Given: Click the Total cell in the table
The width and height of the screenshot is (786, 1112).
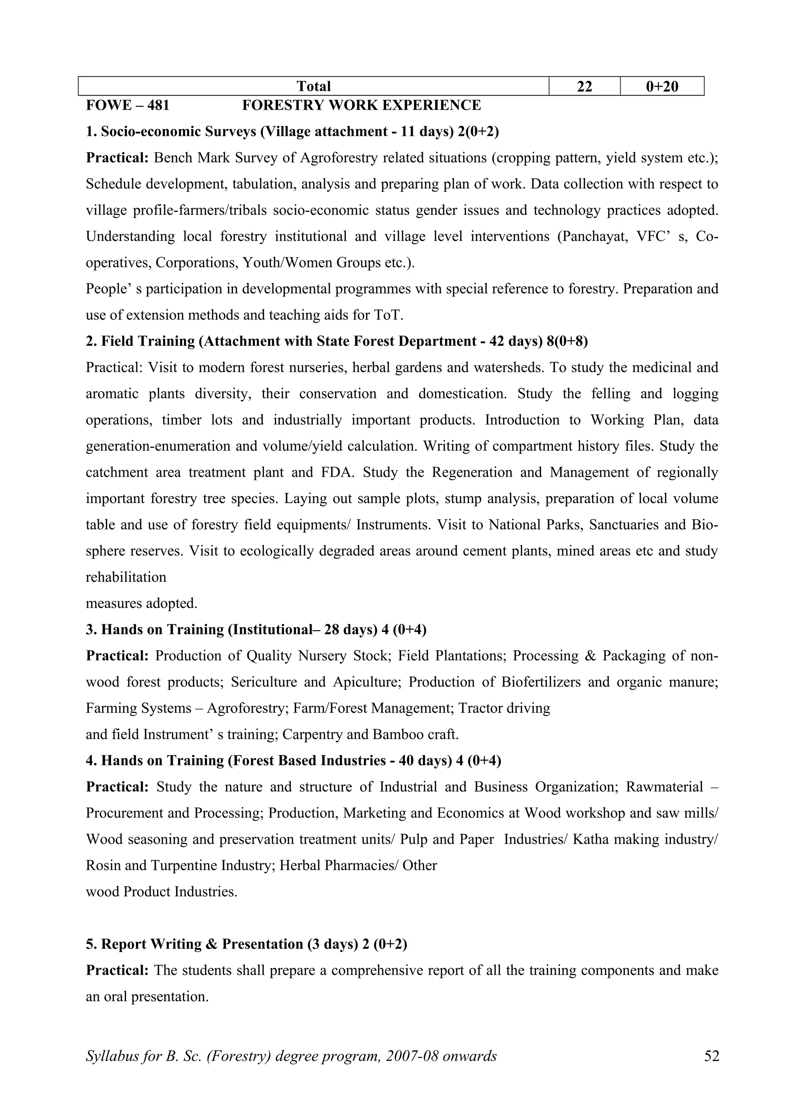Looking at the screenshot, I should click(313, 86).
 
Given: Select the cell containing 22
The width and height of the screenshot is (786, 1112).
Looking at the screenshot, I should click(584, 86).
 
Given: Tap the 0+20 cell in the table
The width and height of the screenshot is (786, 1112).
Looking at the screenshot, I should click(662, 86).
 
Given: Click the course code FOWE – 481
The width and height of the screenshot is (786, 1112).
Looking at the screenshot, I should click(127, 105).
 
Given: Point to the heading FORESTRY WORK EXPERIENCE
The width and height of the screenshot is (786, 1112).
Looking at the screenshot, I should click(361, 105).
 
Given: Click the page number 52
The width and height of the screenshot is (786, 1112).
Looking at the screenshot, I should click(712, 1069).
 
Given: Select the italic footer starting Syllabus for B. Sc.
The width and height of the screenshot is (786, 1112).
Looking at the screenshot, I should click(291, 1069).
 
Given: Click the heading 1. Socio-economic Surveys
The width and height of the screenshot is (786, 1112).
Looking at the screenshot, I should click(292, 131).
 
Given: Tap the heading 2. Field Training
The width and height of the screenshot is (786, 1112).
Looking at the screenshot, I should click(337, 341).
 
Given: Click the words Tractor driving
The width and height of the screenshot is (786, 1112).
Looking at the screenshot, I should click(504, 708).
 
